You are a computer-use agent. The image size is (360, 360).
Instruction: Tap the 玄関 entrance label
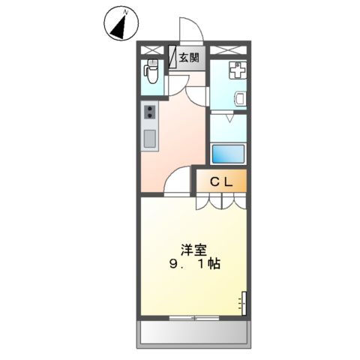[x=189, y=57]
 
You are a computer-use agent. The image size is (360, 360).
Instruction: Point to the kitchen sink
[x=148, y=139]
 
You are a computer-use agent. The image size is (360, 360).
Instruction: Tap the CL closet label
[x=220, y=181]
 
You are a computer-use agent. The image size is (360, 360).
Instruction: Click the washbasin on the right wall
[x=241, y=98]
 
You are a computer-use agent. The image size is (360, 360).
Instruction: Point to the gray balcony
[x=193, y=332]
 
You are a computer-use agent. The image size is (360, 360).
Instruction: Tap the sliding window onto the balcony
[x=193, y=319]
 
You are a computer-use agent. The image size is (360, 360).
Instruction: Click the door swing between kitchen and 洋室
[x=178, y=181]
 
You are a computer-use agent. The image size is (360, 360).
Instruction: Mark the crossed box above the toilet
[x=151, y=49]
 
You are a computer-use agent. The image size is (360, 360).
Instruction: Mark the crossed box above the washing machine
[x=228, y=49]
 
